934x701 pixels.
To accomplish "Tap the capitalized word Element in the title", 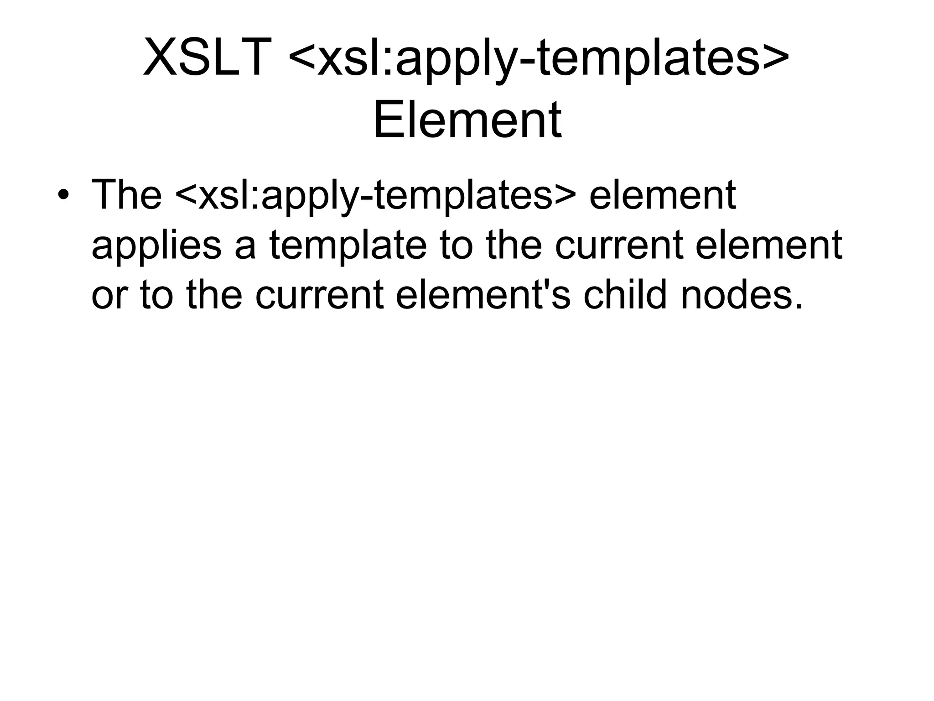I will pos(467,120).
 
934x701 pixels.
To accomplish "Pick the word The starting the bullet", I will pos(126,195).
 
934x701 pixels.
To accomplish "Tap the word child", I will pos(628,294).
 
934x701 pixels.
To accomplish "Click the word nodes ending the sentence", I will pos(741,295).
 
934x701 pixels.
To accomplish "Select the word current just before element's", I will pos(319,295).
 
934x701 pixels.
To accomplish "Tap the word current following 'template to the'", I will pos(619,246).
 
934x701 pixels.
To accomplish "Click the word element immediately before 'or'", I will pos(768,246).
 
